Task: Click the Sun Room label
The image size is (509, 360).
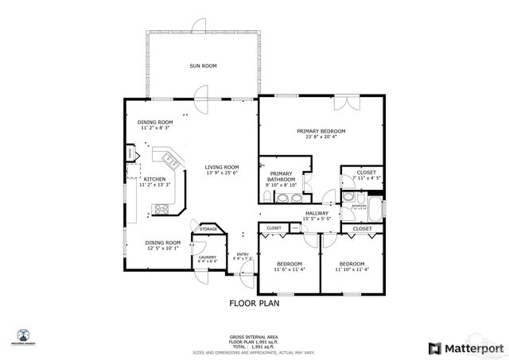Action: [x=203, y=66]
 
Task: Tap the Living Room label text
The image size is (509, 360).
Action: [x=222, y=167]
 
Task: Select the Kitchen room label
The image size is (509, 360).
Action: [x=154, y=180]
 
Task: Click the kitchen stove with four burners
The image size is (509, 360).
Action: [x=161, y=210]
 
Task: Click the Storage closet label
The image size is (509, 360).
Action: [x=208, y=229]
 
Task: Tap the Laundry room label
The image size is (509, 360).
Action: [x=208, y=257]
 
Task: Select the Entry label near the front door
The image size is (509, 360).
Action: [x=243, y=254]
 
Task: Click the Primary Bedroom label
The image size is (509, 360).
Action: [x=321, y=131]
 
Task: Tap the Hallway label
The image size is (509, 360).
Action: [x=317, y=213]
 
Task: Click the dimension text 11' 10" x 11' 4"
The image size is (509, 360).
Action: [x=351, y=269]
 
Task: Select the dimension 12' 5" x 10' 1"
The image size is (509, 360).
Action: [x=162, y=248]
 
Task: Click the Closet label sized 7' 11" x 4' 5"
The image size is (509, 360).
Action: [x=366, y=172]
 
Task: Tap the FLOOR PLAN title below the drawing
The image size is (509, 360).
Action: [x=254, y=303]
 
